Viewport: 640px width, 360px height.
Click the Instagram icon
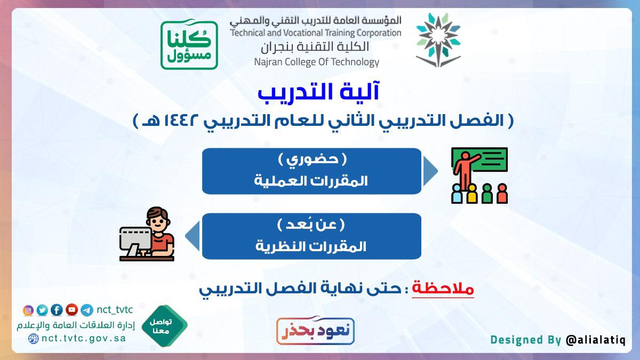pyautogui.click(x=28, y=310)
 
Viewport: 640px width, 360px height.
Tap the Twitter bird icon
pyautogui.click(x=42, y=310)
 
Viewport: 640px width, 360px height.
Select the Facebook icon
pyautogui.click(x=57, y=310)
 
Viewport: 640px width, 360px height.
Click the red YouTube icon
pyautogui.click(x=71, y=310)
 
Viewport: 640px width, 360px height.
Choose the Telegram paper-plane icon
pyautogui.click(x=87, y=310)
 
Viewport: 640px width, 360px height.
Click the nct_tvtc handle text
pyautogui.click(x=115, y=310)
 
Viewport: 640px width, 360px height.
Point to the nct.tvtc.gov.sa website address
pyautogui.click(x=84, y=339)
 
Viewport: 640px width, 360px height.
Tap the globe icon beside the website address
pyautogui.click(x=34, y=339)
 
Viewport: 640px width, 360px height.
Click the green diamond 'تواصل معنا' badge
pyautogui.click(x=164, y=326)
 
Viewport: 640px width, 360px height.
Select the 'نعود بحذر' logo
pyautogui.click(x=315, y=330)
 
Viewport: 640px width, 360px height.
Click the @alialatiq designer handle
pyautogui.click(x=596, y=340)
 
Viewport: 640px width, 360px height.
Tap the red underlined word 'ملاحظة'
pyautogui.click(x=443, y=289)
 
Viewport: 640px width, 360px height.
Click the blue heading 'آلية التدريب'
pyautogui.click(x=318, y=92)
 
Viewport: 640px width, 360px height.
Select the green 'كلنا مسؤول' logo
pyautogui.click(x=189, y=45)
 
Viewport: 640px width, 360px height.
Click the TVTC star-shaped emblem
pyautogui.click(x=438, y=40)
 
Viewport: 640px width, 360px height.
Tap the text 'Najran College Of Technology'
pyautogui.click(x=317, y=62)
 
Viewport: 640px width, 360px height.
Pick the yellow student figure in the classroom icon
pyautogui.click(x=471, y=194)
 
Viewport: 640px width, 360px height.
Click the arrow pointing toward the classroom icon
pyautogui.click(x=430, y=171)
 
